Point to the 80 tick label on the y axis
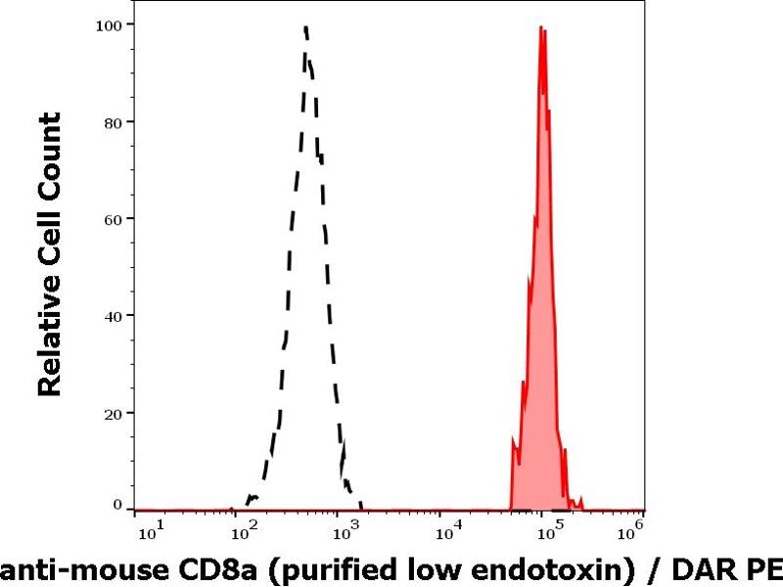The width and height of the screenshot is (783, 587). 115,121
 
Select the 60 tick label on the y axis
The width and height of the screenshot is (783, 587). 115,218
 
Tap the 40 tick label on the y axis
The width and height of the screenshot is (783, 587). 115,315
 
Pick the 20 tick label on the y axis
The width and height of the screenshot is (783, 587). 115,412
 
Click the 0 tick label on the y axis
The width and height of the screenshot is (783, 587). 118,505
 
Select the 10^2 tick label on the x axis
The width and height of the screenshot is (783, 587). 249,532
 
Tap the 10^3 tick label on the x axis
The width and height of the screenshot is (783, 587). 349,532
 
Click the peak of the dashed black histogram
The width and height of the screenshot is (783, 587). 306,27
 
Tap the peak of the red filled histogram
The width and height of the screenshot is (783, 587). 541,27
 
